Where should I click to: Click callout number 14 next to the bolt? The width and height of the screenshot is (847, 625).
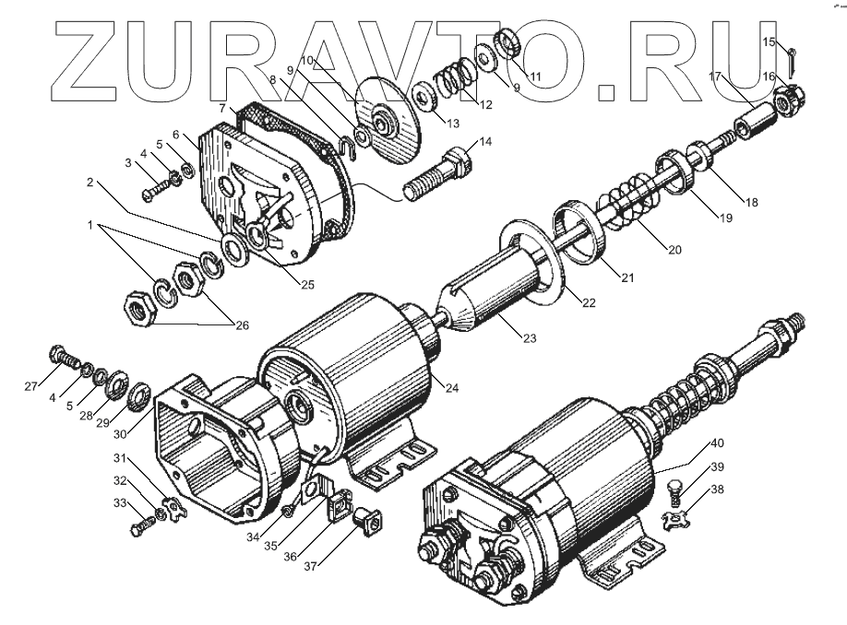coord(485,141)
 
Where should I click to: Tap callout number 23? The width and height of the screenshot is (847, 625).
coord(529,338)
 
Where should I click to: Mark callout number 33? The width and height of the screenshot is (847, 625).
coord(122,503)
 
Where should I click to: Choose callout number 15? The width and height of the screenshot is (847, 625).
coord(768,41)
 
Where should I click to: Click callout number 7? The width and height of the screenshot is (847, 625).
coord(222,109)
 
